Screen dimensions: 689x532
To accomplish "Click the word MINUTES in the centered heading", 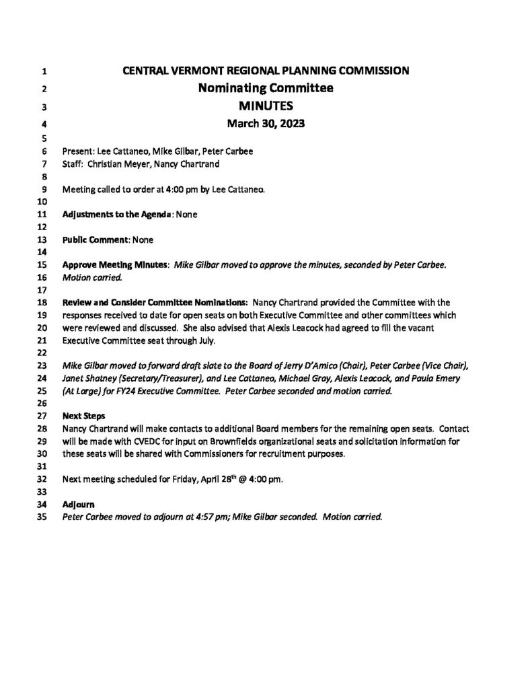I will pyautogui.click(x=266, y=106).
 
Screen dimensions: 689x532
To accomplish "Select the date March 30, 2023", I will pyautogui.click(x=266, y=123).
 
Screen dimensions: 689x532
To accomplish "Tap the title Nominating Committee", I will pyautogui.click(x=266, y=88).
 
